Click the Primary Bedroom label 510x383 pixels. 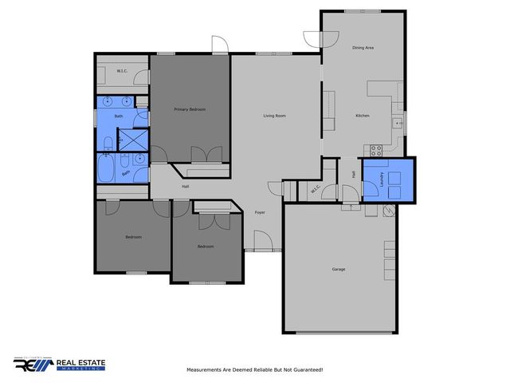(x=190, y=109)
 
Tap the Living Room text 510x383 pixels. (x=275, y=116)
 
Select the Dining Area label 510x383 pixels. (x=363, y=48)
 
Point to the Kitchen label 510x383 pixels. (x=363, y=116)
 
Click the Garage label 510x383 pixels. (x=339, y=269)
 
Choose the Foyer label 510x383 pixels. (x=260, y=212)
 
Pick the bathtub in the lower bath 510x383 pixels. (x=106, y=169)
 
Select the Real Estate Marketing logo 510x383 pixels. (x=60, y=364)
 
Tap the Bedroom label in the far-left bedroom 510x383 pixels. (x=133, y=237)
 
